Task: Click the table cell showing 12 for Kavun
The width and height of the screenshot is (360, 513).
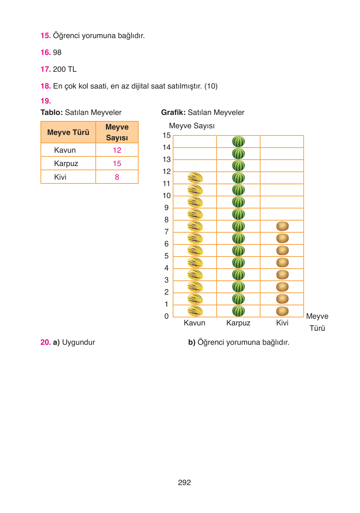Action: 117,150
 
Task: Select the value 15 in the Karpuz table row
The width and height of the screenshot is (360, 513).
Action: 117,163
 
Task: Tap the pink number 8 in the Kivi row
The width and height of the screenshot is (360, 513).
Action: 117,177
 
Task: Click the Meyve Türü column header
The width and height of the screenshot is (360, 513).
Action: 68,132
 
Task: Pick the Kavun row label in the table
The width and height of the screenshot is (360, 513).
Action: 65,150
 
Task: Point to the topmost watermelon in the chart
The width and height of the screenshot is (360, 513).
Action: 238,142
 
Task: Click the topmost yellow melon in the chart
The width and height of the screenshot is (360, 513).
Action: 195,178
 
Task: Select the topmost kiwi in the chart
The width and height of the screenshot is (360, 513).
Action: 282,226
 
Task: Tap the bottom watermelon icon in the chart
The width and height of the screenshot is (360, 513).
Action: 238,311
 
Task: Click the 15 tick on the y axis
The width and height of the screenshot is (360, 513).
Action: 167,136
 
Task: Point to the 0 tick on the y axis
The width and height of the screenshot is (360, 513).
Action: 166,316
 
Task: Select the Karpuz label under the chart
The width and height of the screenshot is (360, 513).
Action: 238,323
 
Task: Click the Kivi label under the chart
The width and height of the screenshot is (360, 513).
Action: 282,323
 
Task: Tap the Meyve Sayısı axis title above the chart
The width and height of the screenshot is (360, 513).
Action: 192,126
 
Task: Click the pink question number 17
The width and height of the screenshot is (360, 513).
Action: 46,69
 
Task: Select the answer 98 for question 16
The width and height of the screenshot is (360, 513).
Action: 57,52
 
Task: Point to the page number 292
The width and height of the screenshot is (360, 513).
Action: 184,483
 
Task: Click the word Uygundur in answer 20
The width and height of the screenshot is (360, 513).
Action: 78,342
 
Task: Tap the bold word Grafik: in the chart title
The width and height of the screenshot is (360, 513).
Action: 173,112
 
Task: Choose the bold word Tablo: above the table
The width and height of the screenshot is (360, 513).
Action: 52,112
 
